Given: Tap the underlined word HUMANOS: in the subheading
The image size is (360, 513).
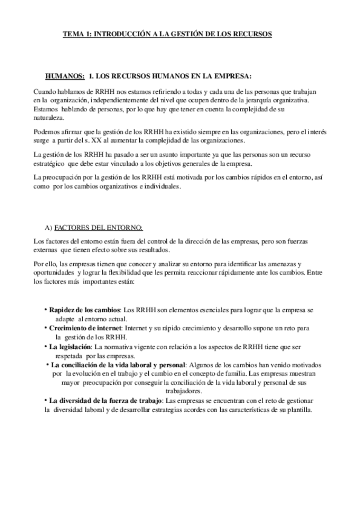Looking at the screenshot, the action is pos(65,77).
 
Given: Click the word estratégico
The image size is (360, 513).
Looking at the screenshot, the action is pos(52,164).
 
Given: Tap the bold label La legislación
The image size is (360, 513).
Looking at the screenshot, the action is pos(70,347).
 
